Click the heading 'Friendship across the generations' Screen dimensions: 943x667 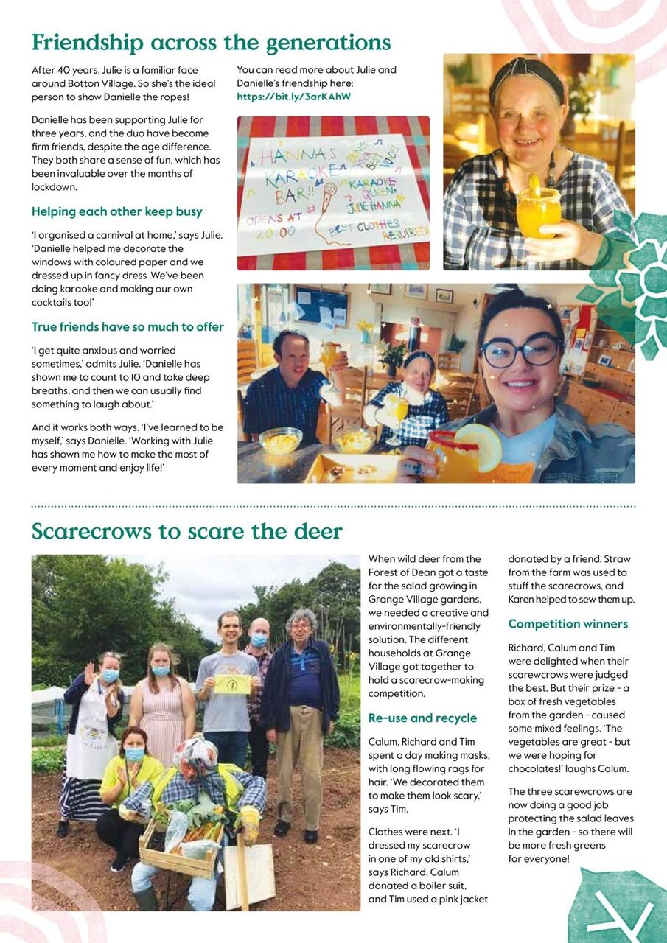(211, 42)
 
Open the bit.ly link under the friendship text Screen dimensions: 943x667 (293, 97)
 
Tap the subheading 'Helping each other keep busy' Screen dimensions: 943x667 (116, 211)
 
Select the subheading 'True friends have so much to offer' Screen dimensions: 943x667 (128, 326)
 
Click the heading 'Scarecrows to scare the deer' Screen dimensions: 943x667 (186, 531)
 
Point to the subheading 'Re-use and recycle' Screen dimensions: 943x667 (422, 718)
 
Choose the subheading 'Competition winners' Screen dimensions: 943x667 (568, 624)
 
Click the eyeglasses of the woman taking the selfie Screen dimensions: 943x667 (520, 351)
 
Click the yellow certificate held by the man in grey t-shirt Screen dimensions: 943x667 (232, 684)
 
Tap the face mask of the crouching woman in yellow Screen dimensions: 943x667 (134, 754)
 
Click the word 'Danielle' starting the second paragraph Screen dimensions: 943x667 (54, 120)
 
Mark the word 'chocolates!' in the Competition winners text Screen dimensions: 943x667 (539, 768)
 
